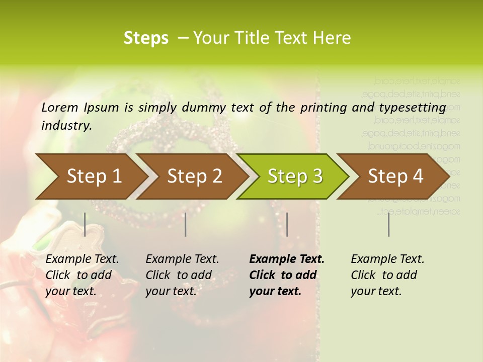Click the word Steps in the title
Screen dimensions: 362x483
146,38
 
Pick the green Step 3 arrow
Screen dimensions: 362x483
295,176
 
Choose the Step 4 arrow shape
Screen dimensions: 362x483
395,176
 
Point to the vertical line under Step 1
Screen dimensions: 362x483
85,224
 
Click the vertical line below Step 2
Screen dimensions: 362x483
186,224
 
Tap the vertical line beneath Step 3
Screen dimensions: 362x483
287,224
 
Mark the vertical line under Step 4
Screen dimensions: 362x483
388,224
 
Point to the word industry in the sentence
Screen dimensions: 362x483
66,125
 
